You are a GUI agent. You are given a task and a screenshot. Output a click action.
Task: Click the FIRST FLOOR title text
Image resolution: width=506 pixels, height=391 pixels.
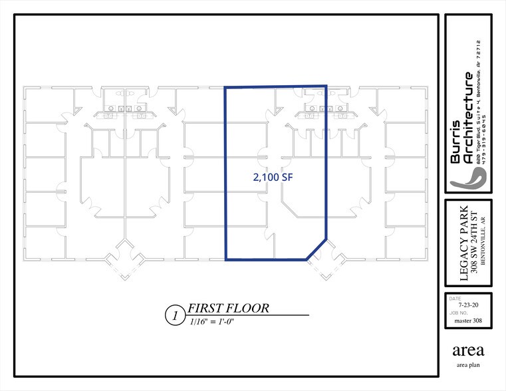coord(228,308)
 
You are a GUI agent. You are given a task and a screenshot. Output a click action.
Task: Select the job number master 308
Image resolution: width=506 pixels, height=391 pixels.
coord(468,321)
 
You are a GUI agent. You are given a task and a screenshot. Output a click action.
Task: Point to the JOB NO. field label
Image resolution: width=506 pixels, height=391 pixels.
coord(458,313)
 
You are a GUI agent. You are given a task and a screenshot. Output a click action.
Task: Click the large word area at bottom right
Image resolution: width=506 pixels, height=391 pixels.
coord(468,351)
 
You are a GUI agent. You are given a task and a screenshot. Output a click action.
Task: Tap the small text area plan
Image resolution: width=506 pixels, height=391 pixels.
coord(468,366)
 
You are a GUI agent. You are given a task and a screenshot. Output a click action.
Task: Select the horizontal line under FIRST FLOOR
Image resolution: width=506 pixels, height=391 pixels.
coord(246,314)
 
